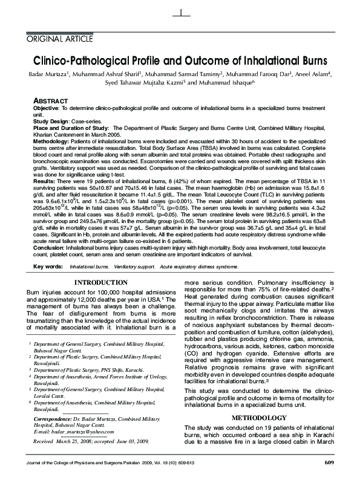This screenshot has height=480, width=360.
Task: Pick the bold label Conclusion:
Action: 49,246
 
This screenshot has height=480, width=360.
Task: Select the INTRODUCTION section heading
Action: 100,283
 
